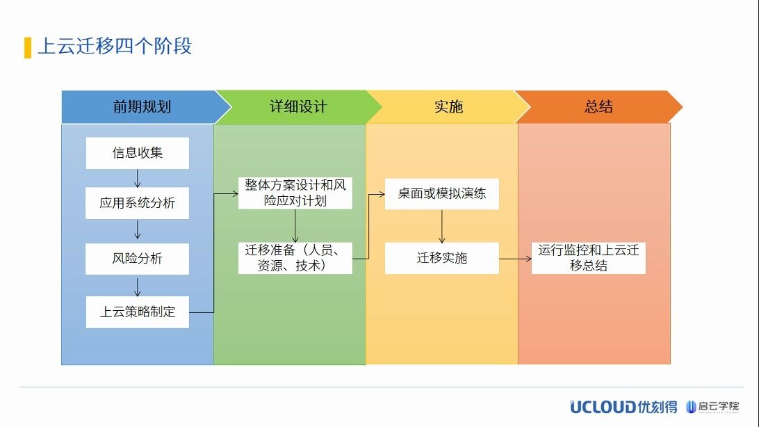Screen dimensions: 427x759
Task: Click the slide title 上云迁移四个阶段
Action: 115,47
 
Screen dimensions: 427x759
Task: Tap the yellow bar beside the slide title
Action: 27,47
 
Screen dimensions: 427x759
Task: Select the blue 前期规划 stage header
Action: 142,106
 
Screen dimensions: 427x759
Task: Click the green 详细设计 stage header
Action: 297,106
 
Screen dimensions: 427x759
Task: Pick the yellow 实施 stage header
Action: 448,106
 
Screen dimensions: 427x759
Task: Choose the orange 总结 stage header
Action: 598,106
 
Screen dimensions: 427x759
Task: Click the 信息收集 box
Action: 137,153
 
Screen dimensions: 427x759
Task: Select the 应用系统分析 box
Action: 137,203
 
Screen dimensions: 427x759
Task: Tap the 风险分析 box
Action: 137,259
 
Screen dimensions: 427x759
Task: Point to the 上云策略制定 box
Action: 137,312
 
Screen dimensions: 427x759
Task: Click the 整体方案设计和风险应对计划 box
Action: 295,193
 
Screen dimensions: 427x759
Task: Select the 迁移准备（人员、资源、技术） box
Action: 295,257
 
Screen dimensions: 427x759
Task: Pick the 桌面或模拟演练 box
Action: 441,193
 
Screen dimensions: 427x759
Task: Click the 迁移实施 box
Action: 441,258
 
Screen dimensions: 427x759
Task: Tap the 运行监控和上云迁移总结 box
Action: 588,258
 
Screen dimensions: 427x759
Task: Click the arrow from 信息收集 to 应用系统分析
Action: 137,178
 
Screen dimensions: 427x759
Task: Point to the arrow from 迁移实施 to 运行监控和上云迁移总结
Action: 515,259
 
